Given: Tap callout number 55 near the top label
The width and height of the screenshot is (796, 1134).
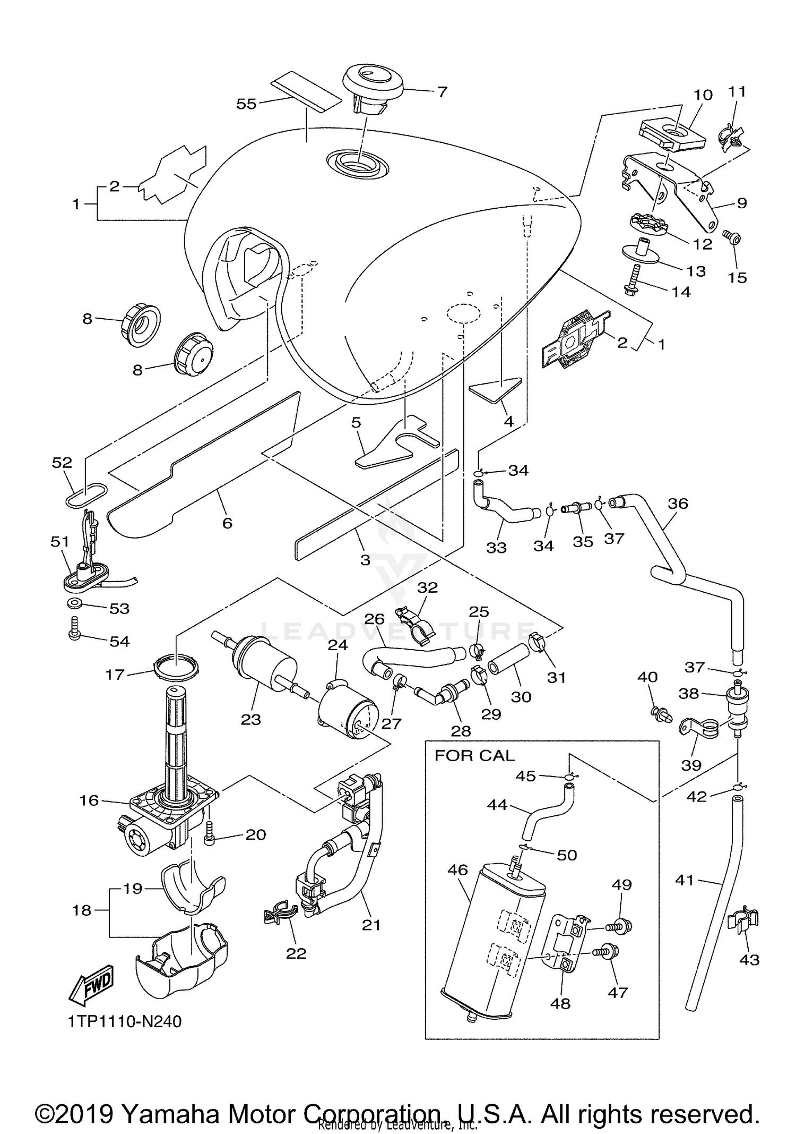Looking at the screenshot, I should pos(246,104).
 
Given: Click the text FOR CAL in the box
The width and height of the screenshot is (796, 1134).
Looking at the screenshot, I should pos(474,755).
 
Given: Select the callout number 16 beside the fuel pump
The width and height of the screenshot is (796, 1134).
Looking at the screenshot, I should pos(89,800).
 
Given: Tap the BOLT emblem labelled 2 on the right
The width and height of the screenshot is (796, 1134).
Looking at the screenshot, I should pos(574,338).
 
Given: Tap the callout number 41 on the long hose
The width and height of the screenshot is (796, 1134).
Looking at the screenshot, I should pos(685,880).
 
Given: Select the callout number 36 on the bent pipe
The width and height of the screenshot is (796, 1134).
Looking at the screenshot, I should pos(678,503).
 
